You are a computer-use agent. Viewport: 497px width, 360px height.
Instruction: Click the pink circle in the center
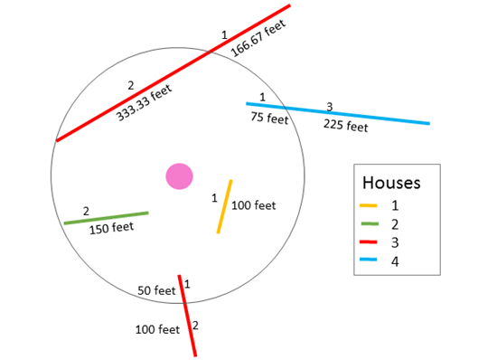point(179,175)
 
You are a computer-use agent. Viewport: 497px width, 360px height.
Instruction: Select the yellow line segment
point(225,207)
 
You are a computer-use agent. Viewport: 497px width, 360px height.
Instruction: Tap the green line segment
point(106,218)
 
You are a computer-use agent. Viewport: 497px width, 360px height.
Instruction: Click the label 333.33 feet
point(145,104)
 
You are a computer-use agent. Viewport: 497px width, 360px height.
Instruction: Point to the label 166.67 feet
point(258,40)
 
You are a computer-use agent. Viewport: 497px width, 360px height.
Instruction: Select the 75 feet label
point(269,118)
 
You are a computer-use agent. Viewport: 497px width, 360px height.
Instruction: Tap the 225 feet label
point(345,126)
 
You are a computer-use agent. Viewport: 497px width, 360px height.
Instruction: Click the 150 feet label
point(111,228)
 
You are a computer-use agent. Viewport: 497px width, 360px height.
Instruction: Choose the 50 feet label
point(156,291)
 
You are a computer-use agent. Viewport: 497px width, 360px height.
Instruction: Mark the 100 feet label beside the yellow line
point(254,205)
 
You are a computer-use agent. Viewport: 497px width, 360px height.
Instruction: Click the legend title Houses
point(390,183)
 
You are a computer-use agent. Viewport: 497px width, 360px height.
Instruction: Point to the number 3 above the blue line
point(330,107)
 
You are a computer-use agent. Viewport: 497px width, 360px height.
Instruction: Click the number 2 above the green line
point(86,211)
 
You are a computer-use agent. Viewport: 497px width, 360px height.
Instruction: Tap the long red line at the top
point(172,74)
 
